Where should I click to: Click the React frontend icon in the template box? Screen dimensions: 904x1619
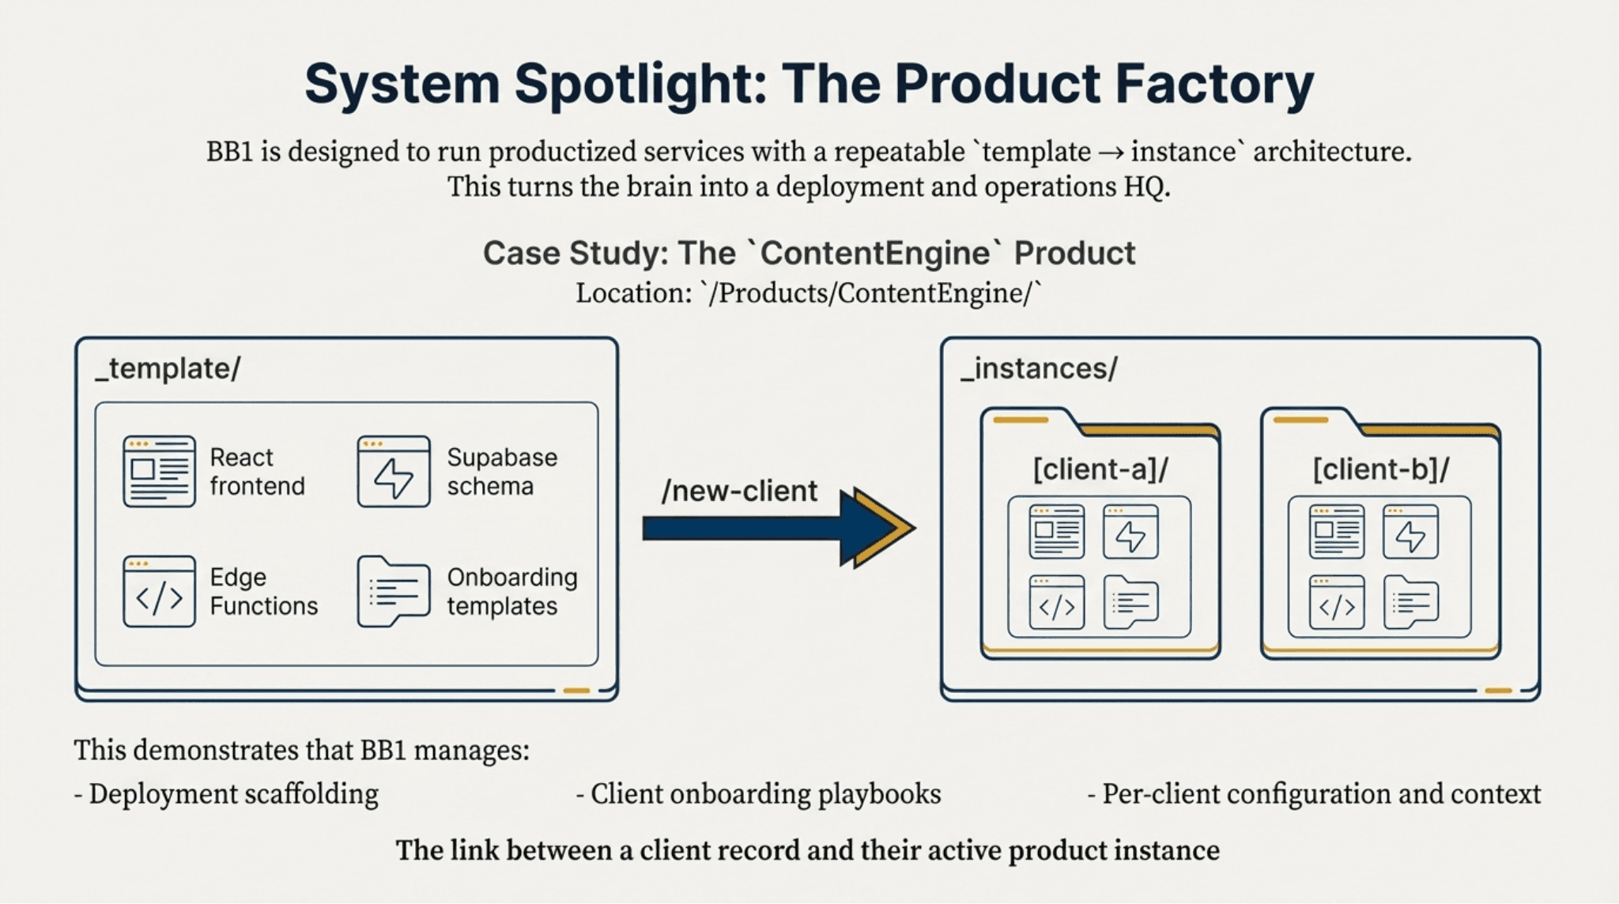point(159,471)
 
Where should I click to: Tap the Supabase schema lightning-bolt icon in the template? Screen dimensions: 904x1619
point(394,472)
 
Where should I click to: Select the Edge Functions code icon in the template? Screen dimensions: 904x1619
point(159,592)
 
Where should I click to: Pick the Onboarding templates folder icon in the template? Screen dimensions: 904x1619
point(394,592)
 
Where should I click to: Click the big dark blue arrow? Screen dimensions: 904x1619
point(779,528)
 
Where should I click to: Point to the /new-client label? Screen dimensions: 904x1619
point(739,492)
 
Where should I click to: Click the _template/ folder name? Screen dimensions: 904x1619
point(168,369)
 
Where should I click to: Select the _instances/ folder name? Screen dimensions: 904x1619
point(1039,369)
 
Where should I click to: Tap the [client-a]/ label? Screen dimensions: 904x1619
point(1100,469)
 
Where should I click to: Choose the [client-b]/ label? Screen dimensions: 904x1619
point(1381,469)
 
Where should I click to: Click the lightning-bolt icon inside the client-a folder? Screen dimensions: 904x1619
point(1130,532)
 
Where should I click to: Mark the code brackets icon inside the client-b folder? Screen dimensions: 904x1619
point(1337,603)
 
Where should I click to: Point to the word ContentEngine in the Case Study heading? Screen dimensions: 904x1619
point(874,254)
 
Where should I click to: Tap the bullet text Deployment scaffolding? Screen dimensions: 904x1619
point(233,794)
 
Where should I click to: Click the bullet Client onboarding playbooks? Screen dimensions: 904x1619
point(765,794)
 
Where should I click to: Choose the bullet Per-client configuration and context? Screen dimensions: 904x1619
point(1321,794)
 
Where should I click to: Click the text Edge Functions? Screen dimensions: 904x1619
point(263,592)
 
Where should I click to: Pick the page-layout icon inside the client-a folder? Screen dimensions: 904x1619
point(1057,532)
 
